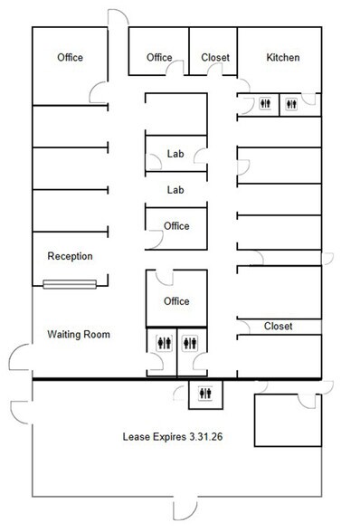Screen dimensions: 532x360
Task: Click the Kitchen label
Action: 282,58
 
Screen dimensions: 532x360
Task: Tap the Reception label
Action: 70,256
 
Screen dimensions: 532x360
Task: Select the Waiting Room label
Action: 78,335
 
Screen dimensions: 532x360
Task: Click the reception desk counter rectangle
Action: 71,286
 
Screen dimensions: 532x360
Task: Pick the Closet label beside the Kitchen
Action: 214,58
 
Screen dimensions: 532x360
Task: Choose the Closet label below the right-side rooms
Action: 278,326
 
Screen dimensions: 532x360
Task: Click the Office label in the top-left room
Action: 70,58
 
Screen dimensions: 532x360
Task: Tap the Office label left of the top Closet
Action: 159,58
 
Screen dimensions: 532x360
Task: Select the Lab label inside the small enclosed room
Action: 175,154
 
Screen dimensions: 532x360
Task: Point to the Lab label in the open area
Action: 175,190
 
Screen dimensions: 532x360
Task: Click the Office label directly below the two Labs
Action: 176,226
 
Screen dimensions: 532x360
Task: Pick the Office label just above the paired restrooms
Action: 175,301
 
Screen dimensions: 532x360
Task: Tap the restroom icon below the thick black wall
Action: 207,393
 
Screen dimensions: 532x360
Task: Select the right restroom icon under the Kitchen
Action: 290,104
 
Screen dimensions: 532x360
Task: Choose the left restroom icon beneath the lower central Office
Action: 163,343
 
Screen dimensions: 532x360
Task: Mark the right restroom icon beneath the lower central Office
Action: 190,343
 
